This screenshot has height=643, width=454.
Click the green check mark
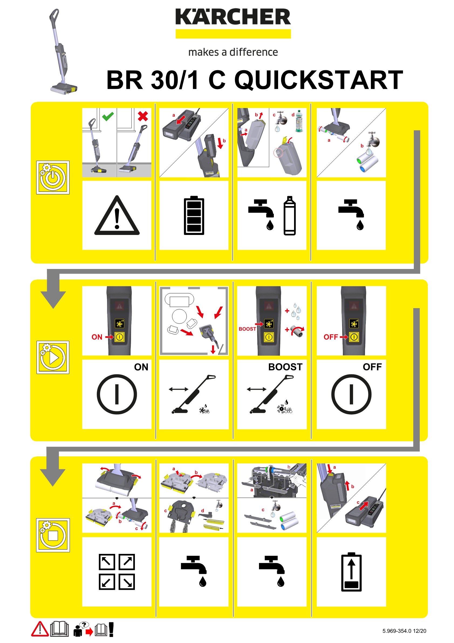pyautogui.click(x=108, y=116)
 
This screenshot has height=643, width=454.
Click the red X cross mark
pyautogui.click(x=143, y=116)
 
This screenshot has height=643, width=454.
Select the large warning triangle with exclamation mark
pyautogui.click(x=117, y=216)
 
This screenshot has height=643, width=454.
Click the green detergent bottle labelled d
pyautogui.click(x=299, y=121)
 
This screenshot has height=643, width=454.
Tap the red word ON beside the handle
pyautogui.click(x=97, y=337)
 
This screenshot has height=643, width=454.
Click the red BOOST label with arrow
pyautogui.click(x=248, y=329)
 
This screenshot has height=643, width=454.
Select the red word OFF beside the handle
pyautogui.click(x=331, y=337)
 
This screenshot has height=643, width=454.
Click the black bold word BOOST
pyautogui.click(x=285, y=367)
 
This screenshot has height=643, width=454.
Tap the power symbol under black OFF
pyautogui.click(x=351, y=394)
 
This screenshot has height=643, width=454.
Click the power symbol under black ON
pyautogui.click(x=117, y=394)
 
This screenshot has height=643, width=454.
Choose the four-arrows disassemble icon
pyautogui.click(x=117, y=572)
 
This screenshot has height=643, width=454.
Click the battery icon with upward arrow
pyautogui.click(x=351, y=572)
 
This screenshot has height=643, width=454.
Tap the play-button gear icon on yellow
pyautogui.click(x=53, y=357)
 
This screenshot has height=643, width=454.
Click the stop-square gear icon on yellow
pyautogui.click(x=53, y=535)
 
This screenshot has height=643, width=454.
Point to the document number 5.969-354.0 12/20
pyautogui.click(x=404, y=631)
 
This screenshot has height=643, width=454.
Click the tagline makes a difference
pyautogui.click(x=233, y=52)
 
